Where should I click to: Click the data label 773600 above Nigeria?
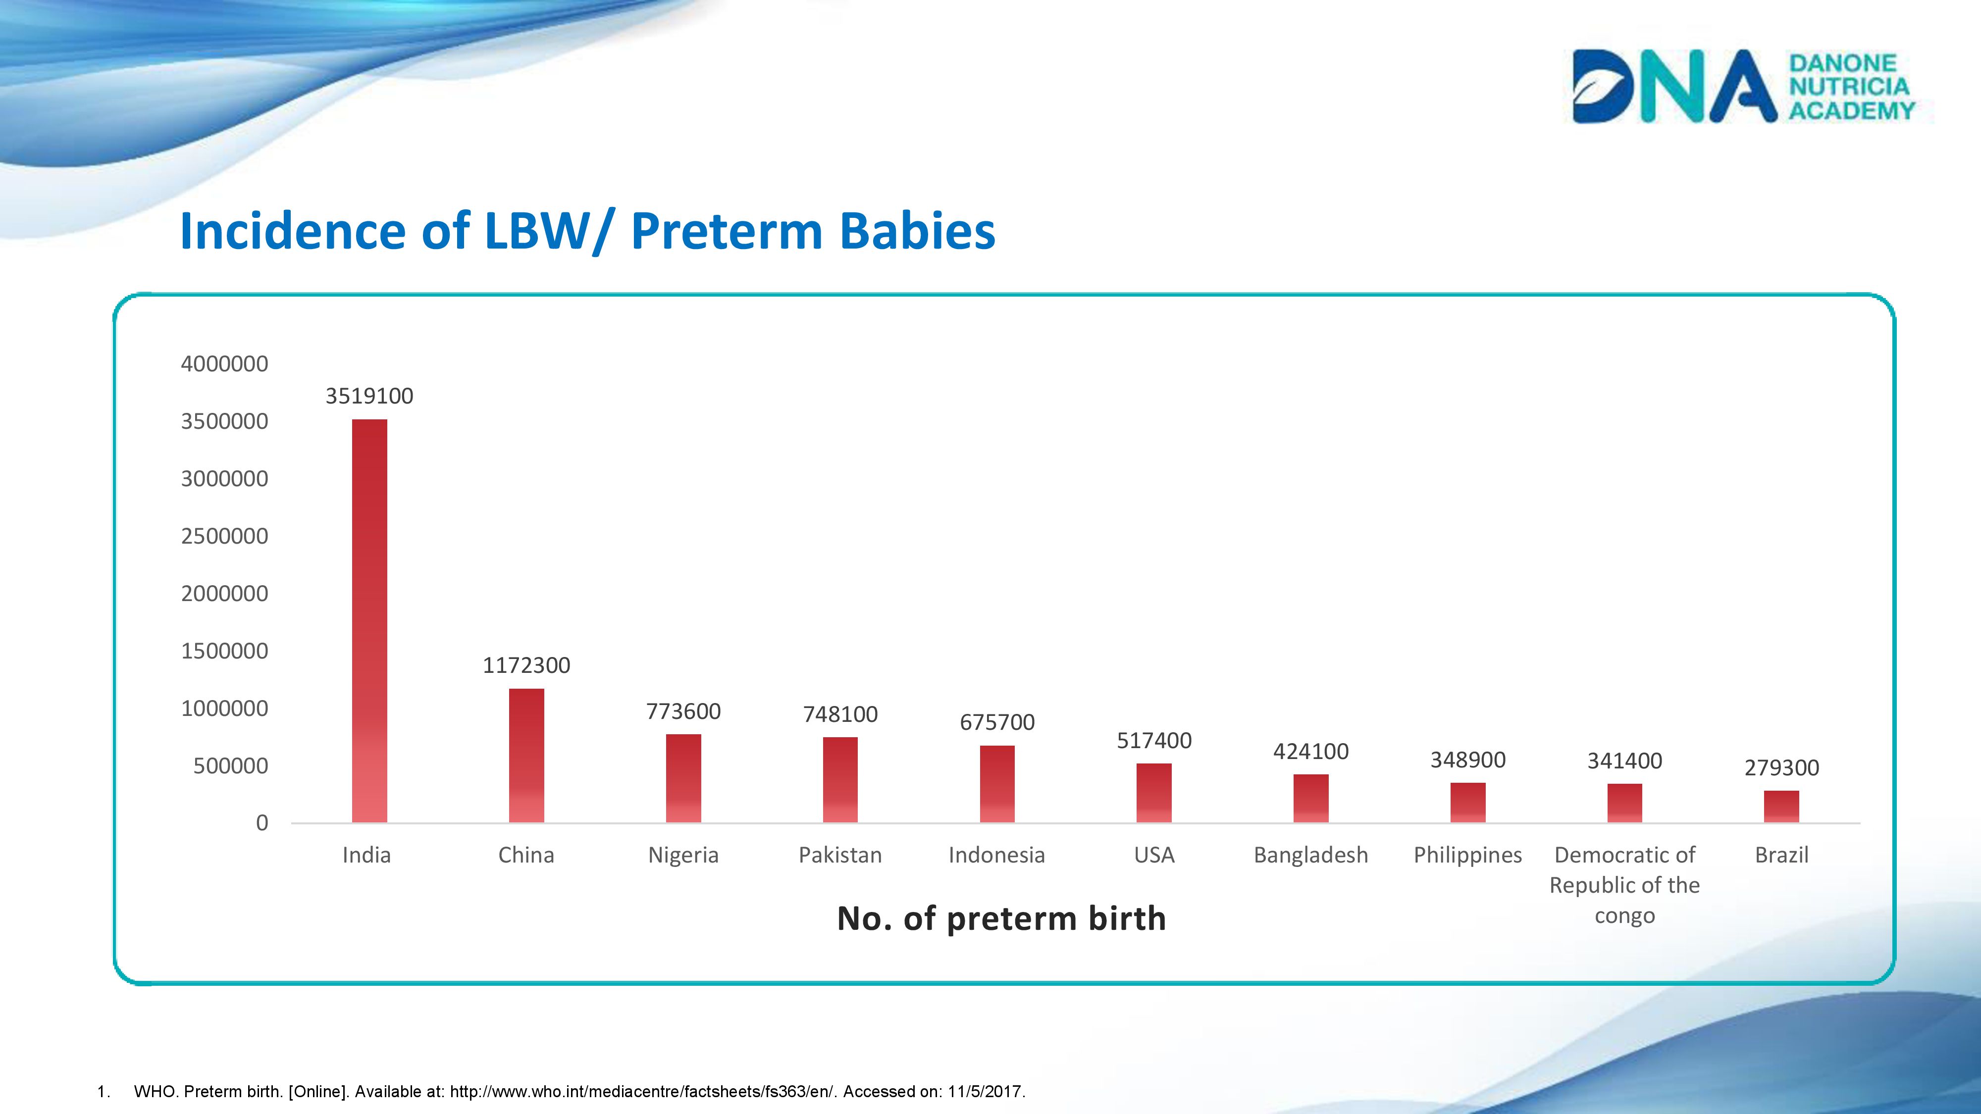click(683, 712)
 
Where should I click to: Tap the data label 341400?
click(1624, 761)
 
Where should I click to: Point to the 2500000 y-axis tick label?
click(224, 536)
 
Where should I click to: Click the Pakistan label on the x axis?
click(840, 855)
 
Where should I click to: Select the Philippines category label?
click(1467, 855)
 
